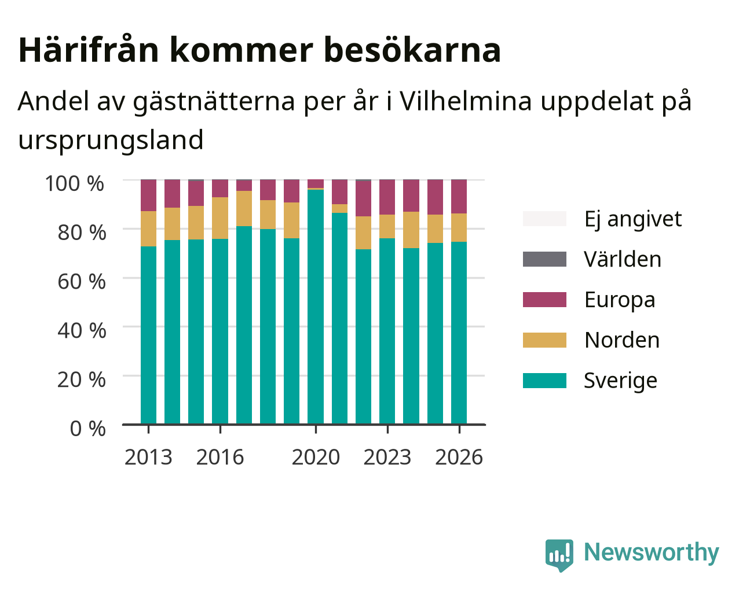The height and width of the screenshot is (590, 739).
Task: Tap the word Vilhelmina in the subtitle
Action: (466, 102)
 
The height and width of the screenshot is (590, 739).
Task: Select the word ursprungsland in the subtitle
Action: (111, 141)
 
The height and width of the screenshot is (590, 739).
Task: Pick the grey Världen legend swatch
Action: (544, 259)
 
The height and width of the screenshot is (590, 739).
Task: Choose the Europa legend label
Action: (620, 300)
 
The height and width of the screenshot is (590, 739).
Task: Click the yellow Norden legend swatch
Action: (544, 340)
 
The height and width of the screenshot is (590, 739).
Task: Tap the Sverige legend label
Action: (620, 381)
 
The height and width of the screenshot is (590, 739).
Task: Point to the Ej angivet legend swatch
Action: (544, 219)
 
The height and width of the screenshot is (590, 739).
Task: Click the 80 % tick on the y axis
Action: (82, 233)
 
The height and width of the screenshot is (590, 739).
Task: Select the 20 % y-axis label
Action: (82, 379)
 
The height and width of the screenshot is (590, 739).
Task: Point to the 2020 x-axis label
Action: (316, 457)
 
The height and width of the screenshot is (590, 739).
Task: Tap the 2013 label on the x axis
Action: (148, 457)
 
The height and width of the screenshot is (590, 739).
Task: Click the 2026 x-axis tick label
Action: (459, 457)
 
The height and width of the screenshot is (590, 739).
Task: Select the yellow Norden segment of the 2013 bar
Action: (148, 229)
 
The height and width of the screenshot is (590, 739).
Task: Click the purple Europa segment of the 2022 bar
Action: (363, 198)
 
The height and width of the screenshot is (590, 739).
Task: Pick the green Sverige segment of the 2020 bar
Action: (316, 307)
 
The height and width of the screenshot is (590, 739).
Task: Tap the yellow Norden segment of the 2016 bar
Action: (219, 218)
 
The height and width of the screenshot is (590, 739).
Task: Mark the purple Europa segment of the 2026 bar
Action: (459, 197)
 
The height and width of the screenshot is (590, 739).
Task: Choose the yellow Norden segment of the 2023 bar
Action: (387, 226)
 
